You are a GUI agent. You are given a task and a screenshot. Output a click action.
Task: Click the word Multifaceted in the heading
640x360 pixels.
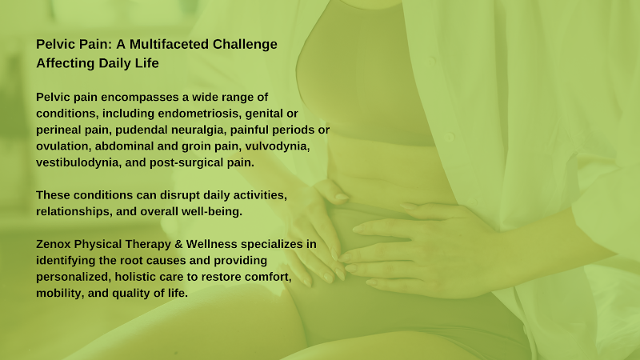point(169,44)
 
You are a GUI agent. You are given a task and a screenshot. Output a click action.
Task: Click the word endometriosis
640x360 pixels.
point(199,114)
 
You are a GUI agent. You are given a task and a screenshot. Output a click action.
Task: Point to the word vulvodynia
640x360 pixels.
point(277,146)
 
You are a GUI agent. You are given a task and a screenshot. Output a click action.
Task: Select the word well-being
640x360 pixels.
point(211,212)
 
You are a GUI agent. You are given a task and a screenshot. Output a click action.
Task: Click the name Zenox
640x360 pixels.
point(53,244)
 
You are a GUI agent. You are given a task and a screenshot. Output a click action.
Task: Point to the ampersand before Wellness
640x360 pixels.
point(178,244)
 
